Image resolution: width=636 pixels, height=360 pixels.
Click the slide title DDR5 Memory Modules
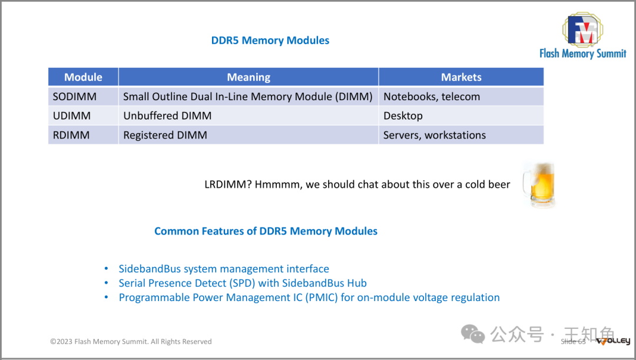coord(270,41)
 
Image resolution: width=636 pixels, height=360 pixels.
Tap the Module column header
coord(83,77)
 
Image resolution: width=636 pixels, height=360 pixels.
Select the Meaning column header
coord(249,77)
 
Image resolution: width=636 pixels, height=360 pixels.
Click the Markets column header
coord(461,77)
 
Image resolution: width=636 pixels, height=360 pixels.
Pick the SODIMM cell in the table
coord(75,97)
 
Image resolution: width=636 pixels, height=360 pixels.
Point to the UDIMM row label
coord(72,116)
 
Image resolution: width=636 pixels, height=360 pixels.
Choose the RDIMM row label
coord(71,135)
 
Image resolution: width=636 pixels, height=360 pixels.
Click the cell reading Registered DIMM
coord(165,135)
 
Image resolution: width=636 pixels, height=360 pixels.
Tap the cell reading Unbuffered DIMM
coord(167,116)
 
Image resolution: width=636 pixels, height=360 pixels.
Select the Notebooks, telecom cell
coord(432,97)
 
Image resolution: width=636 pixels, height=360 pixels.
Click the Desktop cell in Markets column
coord(403,116)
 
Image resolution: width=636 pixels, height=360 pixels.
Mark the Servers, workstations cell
coord(435,135)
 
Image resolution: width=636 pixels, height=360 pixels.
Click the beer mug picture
coord(539,184)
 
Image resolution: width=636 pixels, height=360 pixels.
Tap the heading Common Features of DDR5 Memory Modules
coord(266,231)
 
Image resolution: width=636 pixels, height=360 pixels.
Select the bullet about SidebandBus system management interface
coord(224,269)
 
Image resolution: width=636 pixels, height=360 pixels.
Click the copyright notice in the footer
coord(131,342)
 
